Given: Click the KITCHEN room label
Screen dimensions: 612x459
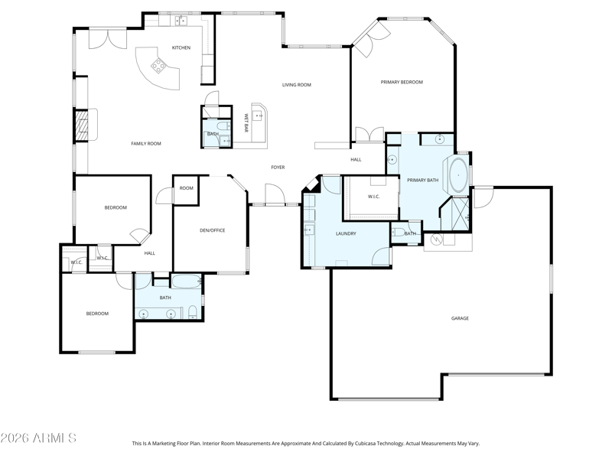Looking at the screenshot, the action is pyautogui.click(x=181, y=47).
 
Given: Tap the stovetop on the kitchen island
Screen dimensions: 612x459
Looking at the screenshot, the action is pyautogui.click(x=158, y=65).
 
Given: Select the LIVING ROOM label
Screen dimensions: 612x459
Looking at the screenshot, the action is pyautogui.click(x=297, y=85).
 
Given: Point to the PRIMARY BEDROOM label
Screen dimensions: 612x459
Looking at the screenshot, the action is pyautogui.click(x=402, y=82).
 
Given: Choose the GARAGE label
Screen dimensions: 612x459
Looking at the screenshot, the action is pyautogui.click(x=460, y=318).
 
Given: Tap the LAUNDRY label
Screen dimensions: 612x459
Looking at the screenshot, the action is pyautogui.click(x=346, y=233).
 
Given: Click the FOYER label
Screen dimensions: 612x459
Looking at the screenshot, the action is pyautogui.click(x=278, y=167).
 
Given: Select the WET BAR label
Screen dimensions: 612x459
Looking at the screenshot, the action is pyautogui.click(x=246, y=122).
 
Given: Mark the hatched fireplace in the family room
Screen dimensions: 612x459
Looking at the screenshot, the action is pyautogui.click(x=82, y=125).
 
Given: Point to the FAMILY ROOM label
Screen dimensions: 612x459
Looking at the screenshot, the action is pyautogui.click(x=146, y=144).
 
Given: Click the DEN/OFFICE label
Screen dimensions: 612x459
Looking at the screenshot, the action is pyautogui.click(x=213, y=230).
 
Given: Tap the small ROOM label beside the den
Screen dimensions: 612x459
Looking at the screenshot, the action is pyautogui.click(x=186, y=188).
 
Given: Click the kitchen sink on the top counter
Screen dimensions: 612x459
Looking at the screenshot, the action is pyautogui.click(x=181, y=21).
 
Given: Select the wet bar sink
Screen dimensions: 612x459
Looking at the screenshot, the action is pyautogui.click(x=258, y=116).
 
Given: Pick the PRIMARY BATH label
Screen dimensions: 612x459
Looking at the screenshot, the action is pyautogui.click(x=423, y=180).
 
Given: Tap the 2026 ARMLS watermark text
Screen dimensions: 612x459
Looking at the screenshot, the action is pyautogui.click(x=38, y=438).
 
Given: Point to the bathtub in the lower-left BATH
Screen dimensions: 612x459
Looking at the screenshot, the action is pyautogui.click(x=187, y=282).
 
